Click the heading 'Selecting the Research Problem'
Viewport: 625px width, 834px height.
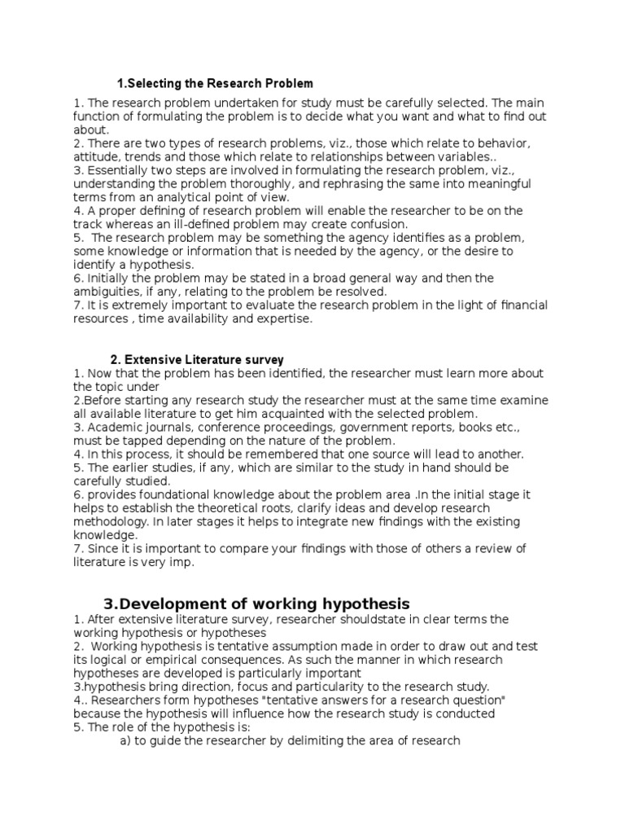(x=215, y=84)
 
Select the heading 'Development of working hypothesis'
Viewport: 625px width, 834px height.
(x=256, y=604)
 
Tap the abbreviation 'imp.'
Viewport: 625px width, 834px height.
(x=200, y=563)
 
